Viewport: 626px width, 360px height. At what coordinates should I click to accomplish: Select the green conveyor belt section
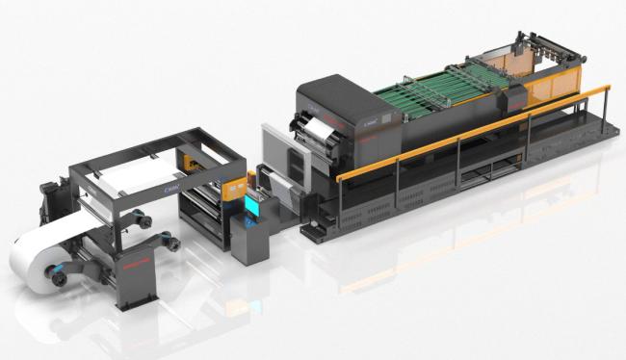point(424,101)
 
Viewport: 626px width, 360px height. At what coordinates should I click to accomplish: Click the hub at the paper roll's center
point(59,275)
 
